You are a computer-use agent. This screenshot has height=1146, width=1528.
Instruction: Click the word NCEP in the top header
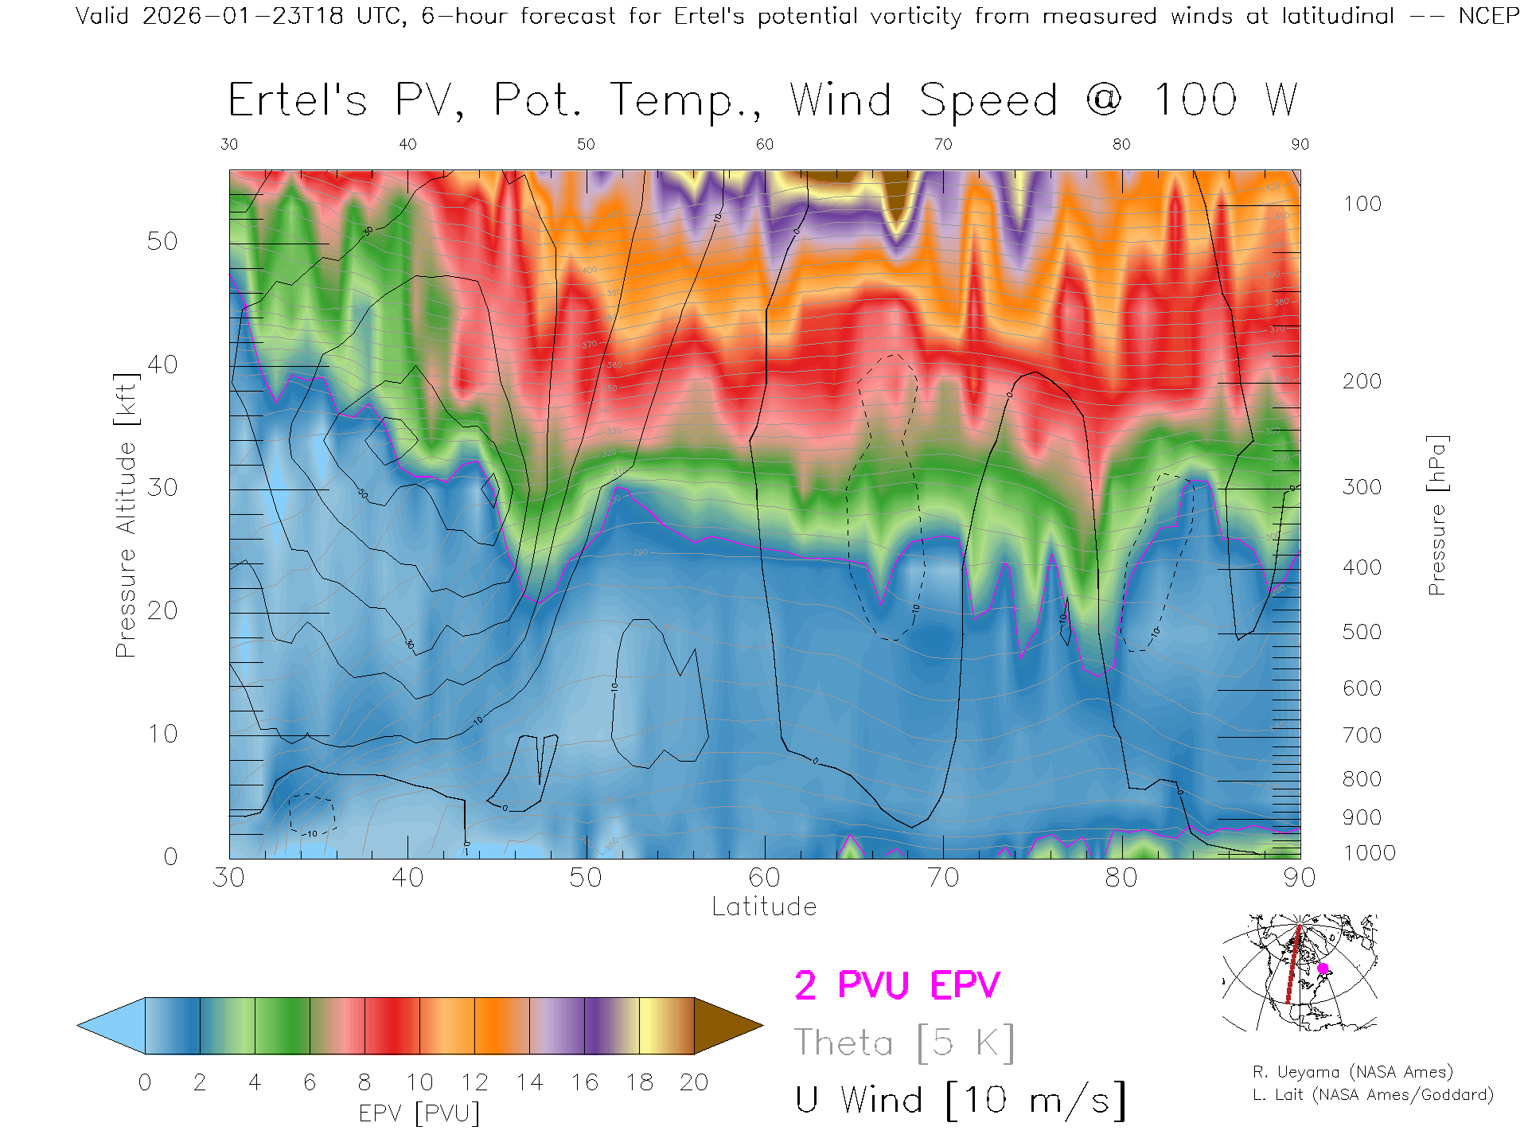point(1488,16)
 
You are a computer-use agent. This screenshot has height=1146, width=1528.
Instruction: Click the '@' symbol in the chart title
point(1104,100)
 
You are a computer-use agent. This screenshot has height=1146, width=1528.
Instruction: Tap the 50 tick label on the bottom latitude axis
point(586,877)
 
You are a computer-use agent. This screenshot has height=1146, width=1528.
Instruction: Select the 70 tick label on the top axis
point(943,144)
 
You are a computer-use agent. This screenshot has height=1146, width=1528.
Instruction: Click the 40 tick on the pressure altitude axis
point(162,364)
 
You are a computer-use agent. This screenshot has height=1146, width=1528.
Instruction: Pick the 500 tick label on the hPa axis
point(1362,632)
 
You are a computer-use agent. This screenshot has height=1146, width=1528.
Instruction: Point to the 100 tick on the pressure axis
point(1362,204)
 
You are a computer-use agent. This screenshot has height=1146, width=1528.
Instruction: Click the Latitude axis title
point(764,906)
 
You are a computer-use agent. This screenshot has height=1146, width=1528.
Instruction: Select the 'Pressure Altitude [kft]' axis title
point(126,515)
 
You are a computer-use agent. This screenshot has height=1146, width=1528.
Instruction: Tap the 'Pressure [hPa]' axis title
point(1436,515)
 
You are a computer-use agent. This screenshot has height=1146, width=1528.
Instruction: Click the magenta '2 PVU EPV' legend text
point(897,985)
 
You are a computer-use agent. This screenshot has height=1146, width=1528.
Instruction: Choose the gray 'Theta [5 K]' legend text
point(904,1043)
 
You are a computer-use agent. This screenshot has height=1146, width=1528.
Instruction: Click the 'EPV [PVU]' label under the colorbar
point(419,1113)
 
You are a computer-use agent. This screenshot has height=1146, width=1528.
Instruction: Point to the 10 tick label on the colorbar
point(419,1082)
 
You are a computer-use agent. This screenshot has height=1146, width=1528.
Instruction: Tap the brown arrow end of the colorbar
point(726,1026)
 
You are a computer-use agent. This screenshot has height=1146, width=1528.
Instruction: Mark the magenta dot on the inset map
point(1323,969)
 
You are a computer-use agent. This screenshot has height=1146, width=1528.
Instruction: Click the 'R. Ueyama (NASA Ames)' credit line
point(1353,1072)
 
